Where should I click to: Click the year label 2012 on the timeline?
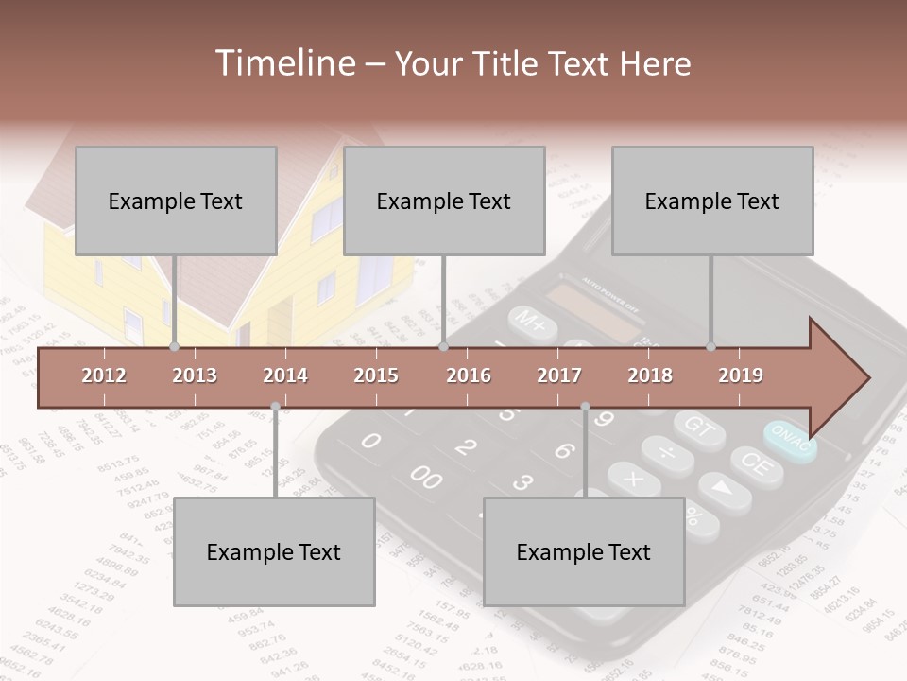click(x=104, y=375)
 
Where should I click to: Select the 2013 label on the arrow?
click(x=195, y=375)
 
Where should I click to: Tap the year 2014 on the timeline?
click(x=285, y=375)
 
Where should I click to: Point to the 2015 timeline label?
click(x=376, y=375)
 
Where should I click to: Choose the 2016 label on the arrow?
click(x=469, y=375)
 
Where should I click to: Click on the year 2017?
click(x=559, y=375)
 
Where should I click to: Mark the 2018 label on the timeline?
click(x=650, y=375)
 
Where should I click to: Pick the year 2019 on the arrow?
click(x=741, y=375)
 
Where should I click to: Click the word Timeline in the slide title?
click(x=283, y=63)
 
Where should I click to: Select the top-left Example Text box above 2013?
click(x=176, y=201)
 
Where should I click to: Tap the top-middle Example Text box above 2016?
click(x=444, y=201)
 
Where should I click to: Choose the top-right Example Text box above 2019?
click(x=712, y=201)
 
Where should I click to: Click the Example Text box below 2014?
click(x=274, y=551)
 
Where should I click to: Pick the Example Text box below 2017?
click(x=584, y=551)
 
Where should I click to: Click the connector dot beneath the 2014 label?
click(x=275, y=407)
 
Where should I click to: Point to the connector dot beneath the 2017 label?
click(x=585, y=407)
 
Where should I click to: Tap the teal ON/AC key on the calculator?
click(x=790, y=440)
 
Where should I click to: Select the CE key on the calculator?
click(x=755, y=464)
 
